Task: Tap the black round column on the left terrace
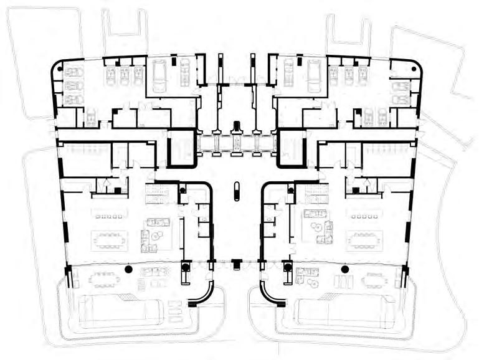coord(128,269)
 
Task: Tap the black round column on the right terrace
coord(344,269)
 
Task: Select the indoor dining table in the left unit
coord(110,240)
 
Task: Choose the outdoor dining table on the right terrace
coord(374,278)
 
